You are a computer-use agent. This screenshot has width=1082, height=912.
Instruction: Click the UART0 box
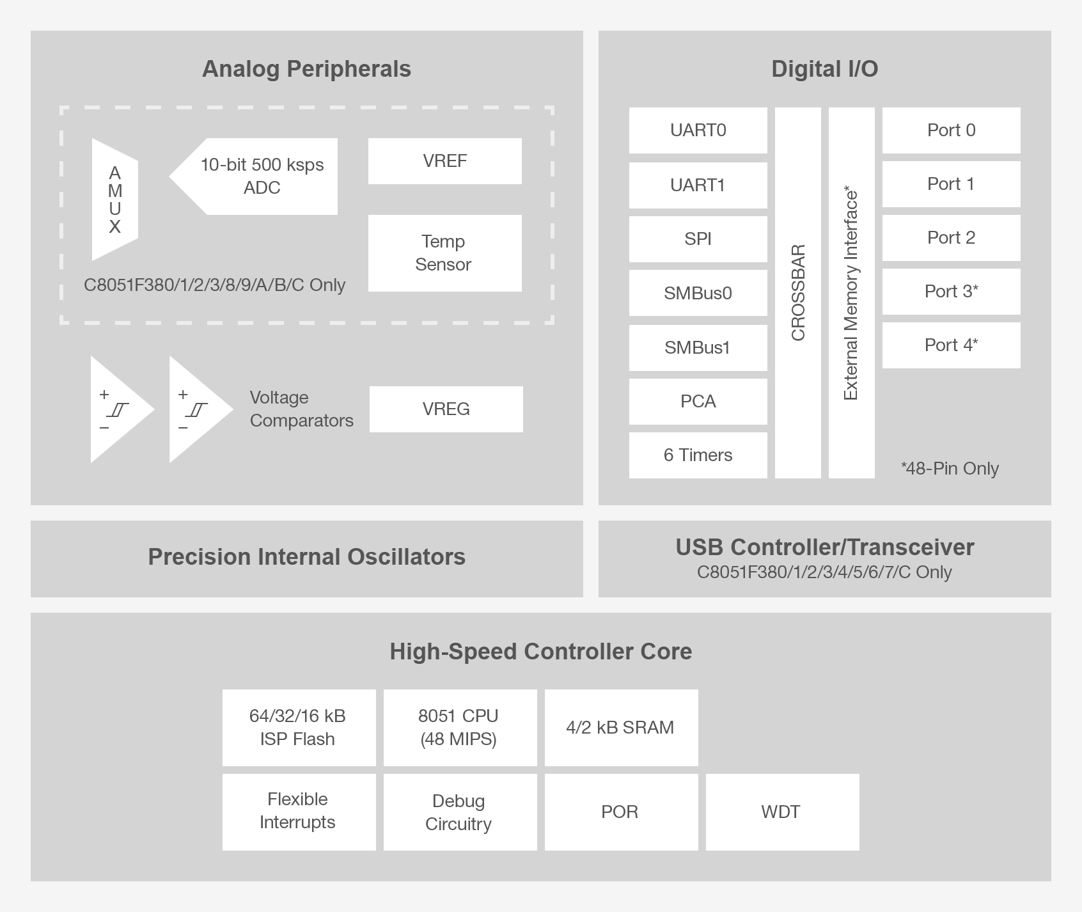pos(698,130)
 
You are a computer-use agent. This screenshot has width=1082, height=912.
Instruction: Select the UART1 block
pos(698,185)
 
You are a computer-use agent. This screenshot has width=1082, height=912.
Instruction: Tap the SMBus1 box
pos(698,348)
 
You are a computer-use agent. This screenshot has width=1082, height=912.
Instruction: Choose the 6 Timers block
pos(698,455)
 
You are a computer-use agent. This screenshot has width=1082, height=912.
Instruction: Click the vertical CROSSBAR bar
pos(798,293)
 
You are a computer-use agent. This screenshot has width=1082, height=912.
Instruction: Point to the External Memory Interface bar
pos(851,293)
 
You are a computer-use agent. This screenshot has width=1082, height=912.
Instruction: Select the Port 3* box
pos(951,292)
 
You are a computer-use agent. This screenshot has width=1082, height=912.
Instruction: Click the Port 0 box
pos(951,130)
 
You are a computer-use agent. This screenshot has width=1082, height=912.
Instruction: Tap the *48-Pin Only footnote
pos(950,469)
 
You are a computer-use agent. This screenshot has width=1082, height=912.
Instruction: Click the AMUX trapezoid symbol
pos(115,200)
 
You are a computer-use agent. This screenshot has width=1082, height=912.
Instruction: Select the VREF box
pos(444,161)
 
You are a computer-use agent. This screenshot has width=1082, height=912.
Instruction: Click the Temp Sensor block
pos(444,253)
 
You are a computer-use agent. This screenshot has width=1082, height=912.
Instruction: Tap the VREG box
pos(446,409)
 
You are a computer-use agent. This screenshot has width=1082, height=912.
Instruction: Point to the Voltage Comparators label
pos(301,409)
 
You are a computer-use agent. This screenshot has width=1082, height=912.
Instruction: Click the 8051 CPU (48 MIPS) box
pos(459,728)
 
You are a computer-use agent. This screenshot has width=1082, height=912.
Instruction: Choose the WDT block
pos(781,812)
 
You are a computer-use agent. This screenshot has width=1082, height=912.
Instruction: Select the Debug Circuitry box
pos(459,812)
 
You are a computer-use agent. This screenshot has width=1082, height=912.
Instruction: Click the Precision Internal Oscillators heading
pos(306,557)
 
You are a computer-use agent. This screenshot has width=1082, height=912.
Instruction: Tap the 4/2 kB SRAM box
pos(620,728)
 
